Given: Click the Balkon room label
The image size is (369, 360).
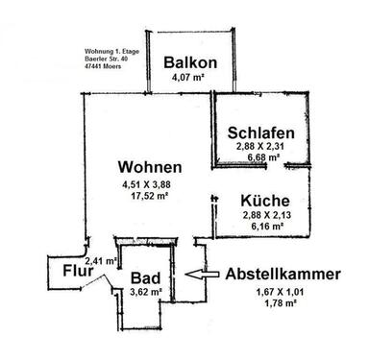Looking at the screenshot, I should point(188,63).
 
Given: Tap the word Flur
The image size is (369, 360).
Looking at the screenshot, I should point(77,272).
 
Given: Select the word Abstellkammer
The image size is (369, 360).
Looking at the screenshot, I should point(283,275).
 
